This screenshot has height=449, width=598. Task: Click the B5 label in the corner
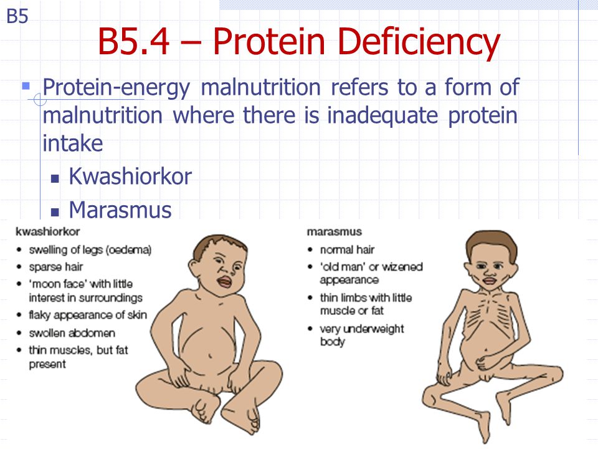point(17,16)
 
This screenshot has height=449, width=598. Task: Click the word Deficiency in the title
point(419,42)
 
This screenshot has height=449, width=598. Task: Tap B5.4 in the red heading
point(134,41)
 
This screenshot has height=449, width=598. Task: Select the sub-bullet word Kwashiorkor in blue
point(130,176)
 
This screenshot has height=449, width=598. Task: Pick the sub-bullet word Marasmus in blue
point(120,210)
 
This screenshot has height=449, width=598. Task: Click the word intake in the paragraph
point(72,143)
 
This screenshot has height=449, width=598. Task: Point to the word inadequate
point(382,115)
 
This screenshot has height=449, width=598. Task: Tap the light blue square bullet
point(26,85)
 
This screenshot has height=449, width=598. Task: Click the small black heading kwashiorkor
point(48,232)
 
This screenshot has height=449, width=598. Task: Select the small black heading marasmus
point(335,232)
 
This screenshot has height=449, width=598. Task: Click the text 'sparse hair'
point(55,267)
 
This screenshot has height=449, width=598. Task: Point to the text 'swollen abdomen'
point(72,333)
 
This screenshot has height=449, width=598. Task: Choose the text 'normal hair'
point(347,249)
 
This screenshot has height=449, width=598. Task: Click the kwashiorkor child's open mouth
point(224,282)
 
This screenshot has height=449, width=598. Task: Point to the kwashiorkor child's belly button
point(210,356)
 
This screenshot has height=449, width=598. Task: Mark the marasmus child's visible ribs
point(488,311)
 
